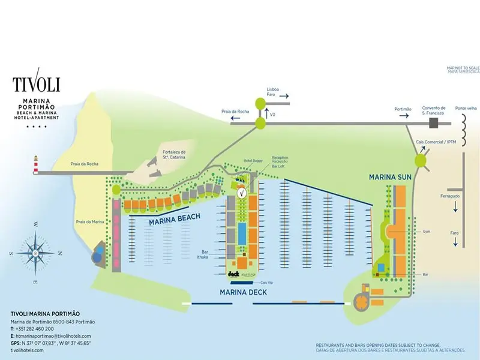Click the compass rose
click(x=35, y=253)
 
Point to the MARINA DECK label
click(x=243, y=292)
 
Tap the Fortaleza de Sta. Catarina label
click(x=174, y=155)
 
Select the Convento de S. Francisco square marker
click(x=433, y=123)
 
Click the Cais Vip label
click(x=267, y=282)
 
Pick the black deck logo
click(x=234, y=274)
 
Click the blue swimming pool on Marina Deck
click(x=242, y=233)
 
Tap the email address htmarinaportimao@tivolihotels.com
click(x=54, y=336)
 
